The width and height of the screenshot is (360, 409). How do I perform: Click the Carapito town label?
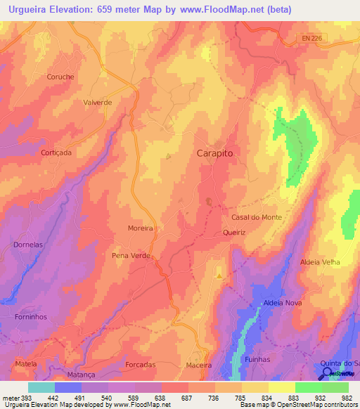(214, 152)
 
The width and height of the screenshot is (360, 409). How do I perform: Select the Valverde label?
(98, 102)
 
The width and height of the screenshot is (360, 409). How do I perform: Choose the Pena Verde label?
(131, 256)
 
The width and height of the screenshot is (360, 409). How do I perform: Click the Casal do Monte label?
(257, 217)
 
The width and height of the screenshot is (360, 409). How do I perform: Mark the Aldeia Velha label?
(320, 261)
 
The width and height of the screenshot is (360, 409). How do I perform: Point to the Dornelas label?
(28, 245)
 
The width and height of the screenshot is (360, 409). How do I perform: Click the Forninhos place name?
(32, 316)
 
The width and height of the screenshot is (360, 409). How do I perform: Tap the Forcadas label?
(140, 365)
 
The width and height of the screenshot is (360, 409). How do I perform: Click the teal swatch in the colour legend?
(41, 387)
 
